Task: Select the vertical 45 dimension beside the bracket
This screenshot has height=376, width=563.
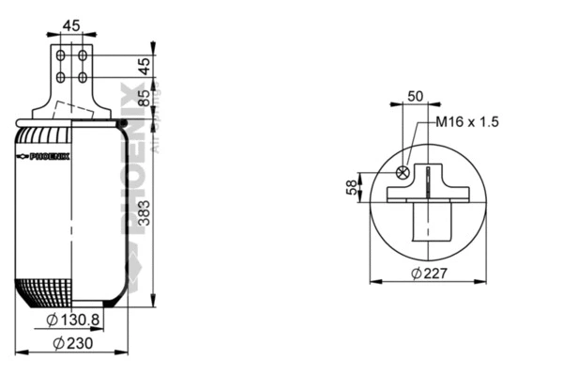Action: click(x=144, y=66)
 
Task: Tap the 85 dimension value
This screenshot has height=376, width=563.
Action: click(x=144, y=98)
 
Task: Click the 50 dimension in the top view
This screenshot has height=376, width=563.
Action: click(x=414, y=97)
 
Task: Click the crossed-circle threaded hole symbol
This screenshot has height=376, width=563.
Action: click(x=403, y=173)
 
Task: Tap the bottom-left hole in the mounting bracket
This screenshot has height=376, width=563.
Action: click(x=61, y=77)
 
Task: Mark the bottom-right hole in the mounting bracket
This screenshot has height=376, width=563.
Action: click(x=83, y=77)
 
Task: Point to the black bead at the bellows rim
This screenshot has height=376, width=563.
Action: click(x=121, y=121)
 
